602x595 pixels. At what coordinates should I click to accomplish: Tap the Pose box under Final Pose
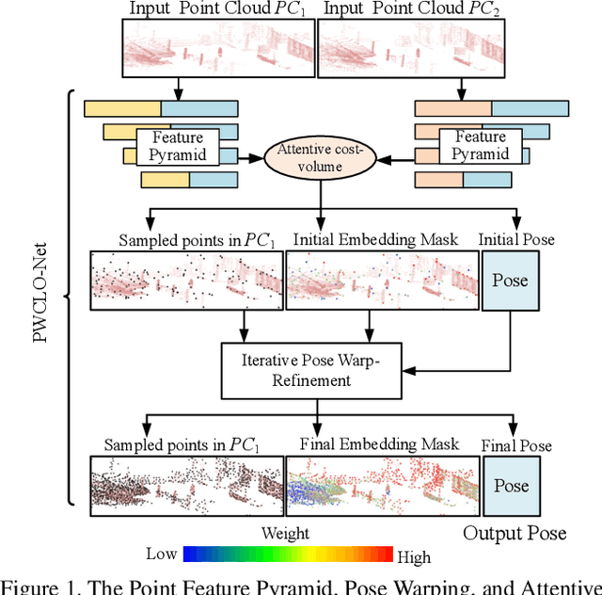[512, 486]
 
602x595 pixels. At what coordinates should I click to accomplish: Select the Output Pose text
[515, 534]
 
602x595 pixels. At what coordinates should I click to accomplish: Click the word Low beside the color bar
[161, 555]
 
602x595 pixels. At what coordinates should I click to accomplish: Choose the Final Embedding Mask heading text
[378, 444]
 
